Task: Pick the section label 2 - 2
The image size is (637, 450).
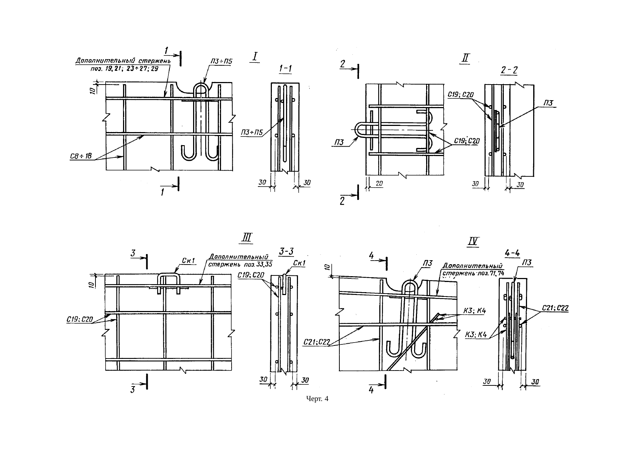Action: click(x=509, y=71)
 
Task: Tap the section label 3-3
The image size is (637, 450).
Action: click(x=287, y=251)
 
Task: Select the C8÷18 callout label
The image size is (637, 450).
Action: click(x=81, y=157)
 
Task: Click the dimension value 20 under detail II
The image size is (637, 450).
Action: click(x=379, y=184)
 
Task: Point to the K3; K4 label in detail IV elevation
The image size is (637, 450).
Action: click(x=475, y=311)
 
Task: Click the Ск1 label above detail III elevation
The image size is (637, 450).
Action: click(x=189, y=260)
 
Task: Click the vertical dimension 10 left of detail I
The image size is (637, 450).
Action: click(x=93, y=89)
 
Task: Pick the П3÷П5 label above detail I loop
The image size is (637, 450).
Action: click(x=222, y=62)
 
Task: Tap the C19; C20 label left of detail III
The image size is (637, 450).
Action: click(x=80, y=320)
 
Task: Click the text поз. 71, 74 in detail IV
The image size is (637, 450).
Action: click(x=490, y=273)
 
